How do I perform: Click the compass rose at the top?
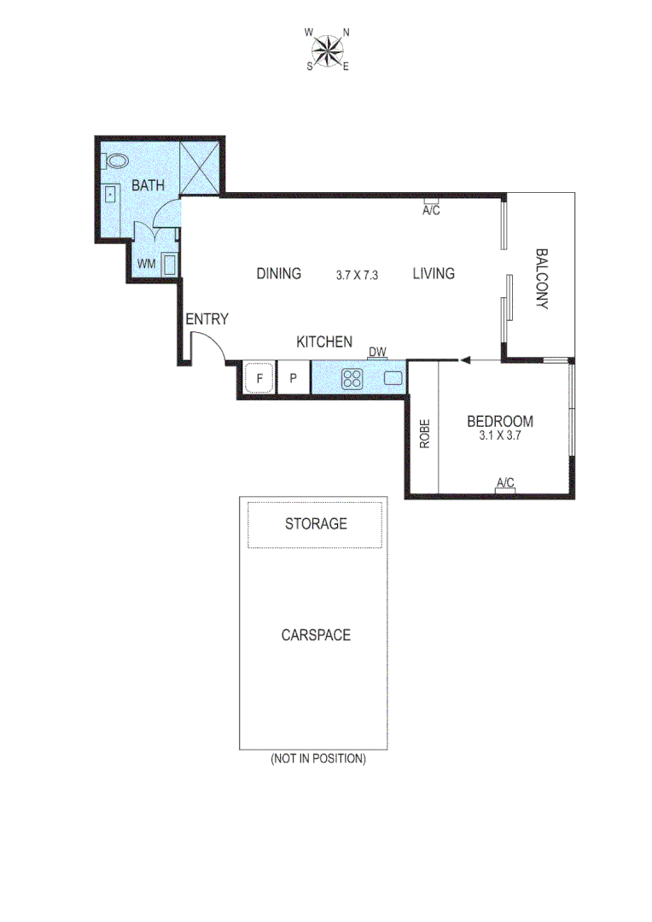click(x=327, y=50)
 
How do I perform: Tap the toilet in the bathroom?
click(x=114, y=160)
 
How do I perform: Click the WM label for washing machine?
click(x=146, y=264)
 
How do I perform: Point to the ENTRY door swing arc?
click(x=209, y=345)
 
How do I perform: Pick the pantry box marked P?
click(x=293, y=377)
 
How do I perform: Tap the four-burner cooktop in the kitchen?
click(x=352, y=378)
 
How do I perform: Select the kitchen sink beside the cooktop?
click(x=393, y=377)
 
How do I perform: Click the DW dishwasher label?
click(x=377, y=351)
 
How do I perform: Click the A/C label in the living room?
click(x=431, y=211)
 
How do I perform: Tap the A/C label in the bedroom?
click(x=505, y=483)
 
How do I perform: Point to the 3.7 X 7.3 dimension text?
click(x=357, y=275)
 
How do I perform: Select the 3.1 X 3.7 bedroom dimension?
click(x=500, y=435)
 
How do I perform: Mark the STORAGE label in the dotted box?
click(x=316, y=523)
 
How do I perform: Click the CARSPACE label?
click(x=316, y=635)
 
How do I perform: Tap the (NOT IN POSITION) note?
click(x=317, y=758)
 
